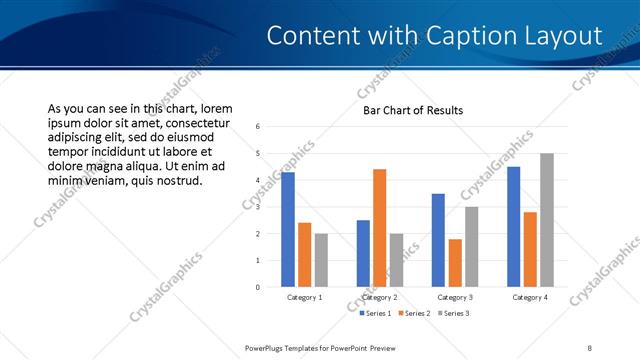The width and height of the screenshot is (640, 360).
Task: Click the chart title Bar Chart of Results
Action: (x=412, y=110)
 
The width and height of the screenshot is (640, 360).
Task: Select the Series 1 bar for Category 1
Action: (x=288, y=229)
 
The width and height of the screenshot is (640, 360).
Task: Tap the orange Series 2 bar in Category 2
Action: (x=379, y=228)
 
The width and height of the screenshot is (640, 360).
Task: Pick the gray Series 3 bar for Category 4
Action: (x=546, y=220)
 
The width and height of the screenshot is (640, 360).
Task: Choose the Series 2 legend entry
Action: (x=413, y=314)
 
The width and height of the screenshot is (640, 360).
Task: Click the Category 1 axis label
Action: (x=304, y=297)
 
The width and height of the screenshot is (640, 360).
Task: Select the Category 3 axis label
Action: (x=455, y=297)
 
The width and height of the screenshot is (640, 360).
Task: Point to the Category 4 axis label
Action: (x=530, y=297)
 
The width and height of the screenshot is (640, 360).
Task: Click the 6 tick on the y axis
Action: (x=258, y=127)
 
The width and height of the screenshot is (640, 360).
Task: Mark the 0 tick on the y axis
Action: (x=258, y=287)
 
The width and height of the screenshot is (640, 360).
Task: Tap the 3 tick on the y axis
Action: (x=258, y=207)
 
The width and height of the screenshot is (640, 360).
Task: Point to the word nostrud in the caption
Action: (x=179, y=181)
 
